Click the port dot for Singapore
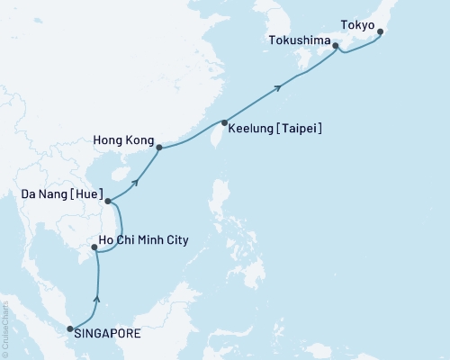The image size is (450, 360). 70,330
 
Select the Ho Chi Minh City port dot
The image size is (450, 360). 94,246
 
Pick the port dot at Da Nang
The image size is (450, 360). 107,202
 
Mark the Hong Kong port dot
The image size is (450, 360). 159,148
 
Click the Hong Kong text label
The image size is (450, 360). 121,140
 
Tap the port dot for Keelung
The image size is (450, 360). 223,121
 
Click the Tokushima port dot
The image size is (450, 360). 335,46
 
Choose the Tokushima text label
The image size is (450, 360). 300,40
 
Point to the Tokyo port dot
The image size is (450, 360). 379,32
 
